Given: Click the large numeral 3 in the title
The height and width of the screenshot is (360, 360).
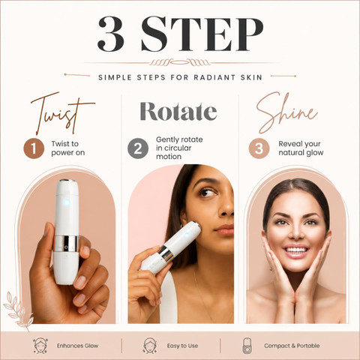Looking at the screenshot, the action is click(111, 34).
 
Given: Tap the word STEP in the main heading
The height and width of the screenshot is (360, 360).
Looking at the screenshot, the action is click(202, 34).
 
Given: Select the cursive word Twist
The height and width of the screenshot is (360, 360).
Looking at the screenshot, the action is click(63, 113).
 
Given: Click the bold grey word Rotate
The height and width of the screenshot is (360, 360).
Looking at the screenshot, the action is click(178, 111).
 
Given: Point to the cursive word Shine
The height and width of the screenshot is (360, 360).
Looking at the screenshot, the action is click(286, 112).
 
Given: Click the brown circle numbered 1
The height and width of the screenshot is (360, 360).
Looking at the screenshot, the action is click(34, 148).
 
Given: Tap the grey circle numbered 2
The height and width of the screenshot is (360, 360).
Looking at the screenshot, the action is click(138, 148).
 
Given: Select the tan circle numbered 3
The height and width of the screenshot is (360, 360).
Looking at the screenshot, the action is click(259, 148).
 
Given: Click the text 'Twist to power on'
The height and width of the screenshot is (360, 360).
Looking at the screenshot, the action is click(68, 148).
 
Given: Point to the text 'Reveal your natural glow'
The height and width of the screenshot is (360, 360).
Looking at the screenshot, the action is click(301, 148).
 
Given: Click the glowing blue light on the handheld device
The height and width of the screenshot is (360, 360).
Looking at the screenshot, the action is click(67, 202).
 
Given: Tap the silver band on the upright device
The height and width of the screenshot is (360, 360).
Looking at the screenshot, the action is click(66, 244).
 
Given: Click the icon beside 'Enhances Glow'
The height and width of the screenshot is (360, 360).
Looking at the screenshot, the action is click(40, 346).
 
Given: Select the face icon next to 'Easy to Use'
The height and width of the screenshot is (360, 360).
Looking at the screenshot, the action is click(150, 346).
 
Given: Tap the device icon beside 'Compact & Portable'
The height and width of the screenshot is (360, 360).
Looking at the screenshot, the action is click(247, 346).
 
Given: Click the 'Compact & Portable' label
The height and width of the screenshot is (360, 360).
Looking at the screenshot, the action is click(292, 346).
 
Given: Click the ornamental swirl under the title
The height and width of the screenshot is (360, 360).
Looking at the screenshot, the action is click(179, 62).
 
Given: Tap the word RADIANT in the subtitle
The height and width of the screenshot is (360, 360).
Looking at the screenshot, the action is click(214, 77).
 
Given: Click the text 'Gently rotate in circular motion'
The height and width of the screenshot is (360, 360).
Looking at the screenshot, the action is click(179, 148).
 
